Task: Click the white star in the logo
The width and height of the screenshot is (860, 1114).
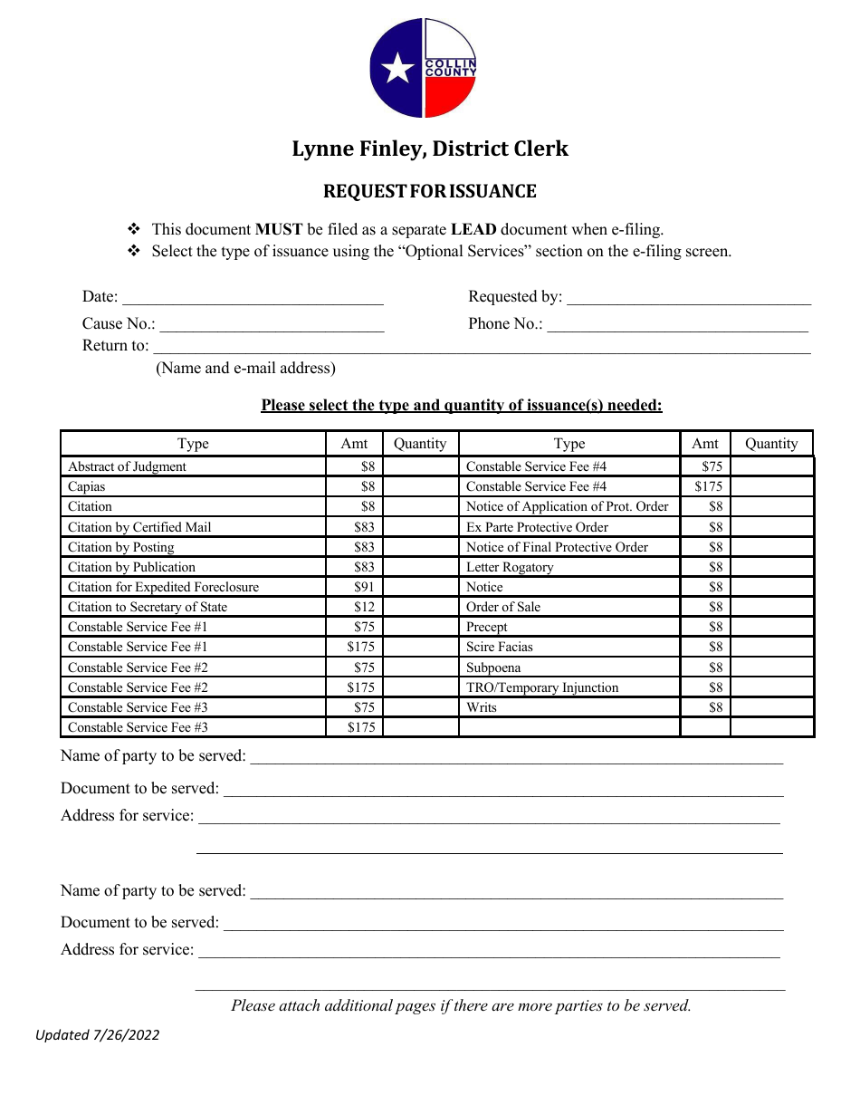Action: [396, 69]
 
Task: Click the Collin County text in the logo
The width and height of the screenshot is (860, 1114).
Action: [450, 67]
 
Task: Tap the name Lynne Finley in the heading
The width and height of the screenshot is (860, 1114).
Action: [358, 149]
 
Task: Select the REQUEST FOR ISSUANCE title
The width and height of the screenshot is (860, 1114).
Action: [430, 191]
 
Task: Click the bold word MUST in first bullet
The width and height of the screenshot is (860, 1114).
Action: [279, 230]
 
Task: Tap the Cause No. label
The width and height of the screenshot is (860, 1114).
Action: [119, 324]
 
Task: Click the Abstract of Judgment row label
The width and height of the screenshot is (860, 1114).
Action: [127, 466]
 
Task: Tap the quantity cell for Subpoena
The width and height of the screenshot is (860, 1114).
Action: [771, 667]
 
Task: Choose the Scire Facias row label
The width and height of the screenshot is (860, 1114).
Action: [500, 647]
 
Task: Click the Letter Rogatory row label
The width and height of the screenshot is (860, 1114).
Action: [510, 567]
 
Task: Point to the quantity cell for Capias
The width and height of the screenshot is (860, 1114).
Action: [420, 486]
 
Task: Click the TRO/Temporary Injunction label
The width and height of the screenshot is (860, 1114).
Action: [542, 687]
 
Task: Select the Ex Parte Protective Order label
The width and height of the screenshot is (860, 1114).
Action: [537, 527]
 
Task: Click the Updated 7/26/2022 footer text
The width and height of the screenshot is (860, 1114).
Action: [98, 1034]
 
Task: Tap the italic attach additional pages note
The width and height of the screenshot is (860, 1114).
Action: [461, 1005]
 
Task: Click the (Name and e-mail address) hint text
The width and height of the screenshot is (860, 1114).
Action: [245, 368]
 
